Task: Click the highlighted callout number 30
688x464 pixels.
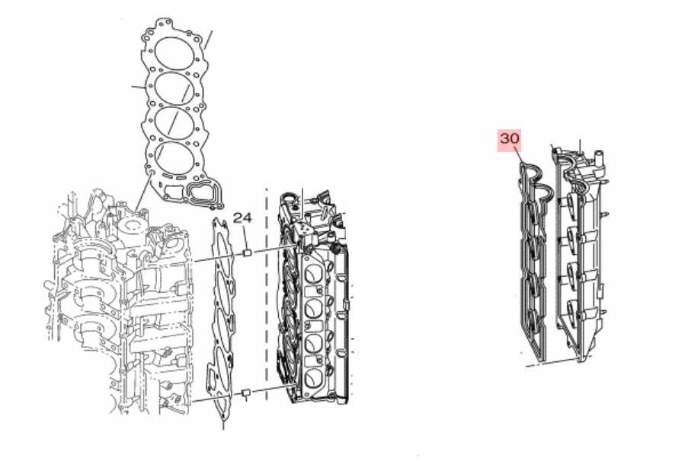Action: coord(510,138)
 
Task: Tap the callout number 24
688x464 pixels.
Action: coord(242,218)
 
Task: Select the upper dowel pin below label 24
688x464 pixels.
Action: coord(246,253)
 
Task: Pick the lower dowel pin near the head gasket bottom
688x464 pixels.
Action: coord(246,392)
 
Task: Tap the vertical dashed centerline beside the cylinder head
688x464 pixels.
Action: coord(267,294)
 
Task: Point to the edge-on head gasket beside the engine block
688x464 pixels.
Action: coord(221,322)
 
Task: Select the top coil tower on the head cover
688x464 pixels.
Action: coord(574,202)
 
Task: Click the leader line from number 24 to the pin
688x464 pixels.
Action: coord(245,237)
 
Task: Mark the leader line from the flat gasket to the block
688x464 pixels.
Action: coord(143,191)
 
